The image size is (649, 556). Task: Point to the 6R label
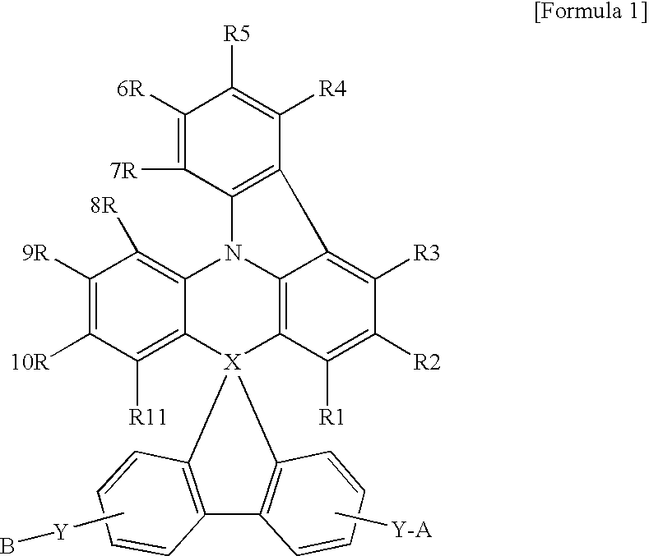click(132, 89)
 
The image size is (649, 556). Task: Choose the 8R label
click(105, 204)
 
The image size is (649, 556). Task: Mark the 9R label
click(38, 255)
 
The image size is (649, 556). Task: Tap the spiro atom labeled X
click(233, 361)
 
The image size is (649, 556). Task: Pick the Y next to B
click(60, 532)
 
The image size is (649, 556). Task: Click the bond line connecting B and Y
click(34, 539)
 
